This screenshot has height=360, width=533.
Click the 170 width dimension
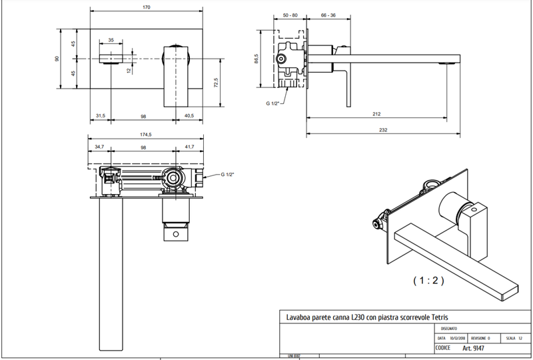click(147, 7)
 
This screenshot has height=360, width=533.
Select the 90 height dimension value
click(58, 59)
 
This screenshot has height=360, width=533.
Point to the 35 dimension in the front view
click(111, 40)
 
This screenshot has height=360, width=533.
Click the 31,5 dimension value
click(101, 116)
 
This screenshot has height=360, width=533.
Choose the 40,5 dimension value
click(189, 116)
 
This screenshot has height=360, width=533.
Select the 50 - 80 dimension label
click(290, 15)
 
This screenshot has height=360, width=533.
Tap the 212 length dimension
click(376, 114)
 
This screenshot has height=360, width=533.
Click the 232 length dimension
click(382, 130)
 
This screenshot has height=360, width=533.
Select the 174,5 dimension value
click(146, 135)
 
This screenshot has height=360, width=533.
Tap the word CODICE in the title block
click(444, 348)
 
